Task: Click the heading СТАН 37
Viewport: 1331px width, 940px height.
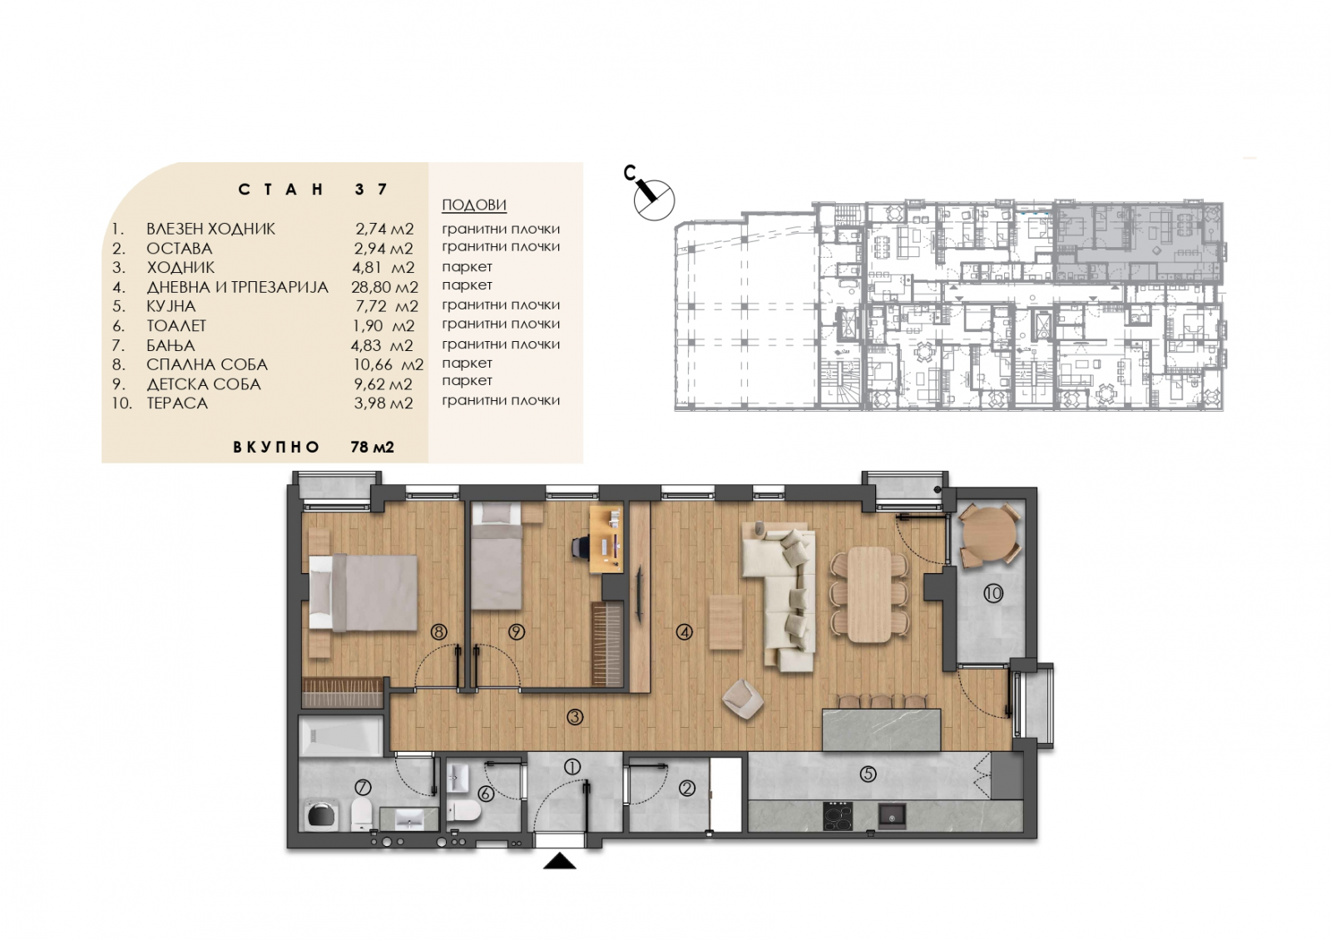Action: point(313,190)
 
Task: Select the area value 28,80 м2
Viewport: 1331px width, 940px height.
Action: point(384,287)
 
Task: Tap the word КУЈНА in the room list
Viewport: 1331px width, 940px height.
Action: point(171,306)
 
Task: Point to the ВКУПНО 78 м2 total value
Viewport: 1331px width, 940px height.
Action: point(373,447)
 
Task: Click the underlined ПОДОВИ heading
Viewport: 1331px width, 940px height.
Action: point(474,205)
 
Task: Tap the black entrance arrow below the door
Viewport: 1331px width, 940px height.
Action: point(559,861)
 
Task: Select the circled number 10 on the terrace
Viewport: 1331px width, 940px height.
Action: point(993,592)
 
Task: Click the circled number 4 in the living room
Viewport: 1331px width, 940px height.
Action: point(685,632)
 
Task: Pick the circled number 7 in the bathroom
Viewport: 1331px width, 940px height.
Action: point(363,787)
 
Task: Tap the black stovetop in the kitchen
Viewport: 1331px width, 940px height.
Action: point(838,816)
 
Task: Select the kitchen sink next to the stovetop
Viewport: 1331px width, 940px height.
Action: point(892,815)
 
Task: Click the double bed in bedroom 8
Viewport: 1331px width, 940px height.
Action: point(363,592)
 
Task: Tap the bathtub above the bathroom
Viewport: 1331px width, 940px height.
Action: point(341,736)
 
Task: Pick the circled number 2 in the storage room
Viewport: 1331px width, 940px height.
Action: point(687,789)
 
